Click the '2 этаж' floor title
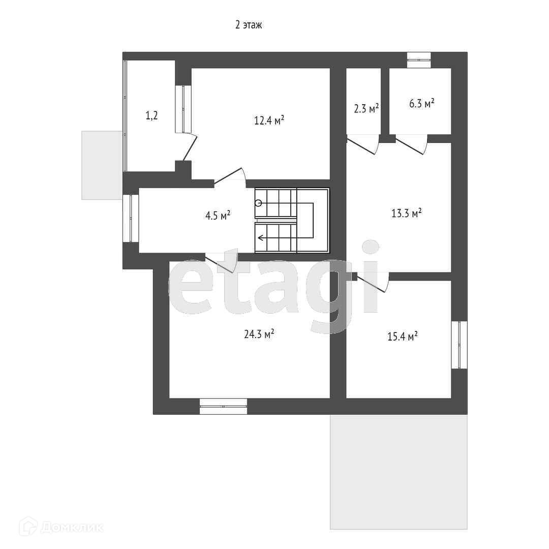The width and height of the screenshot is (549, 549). [x=248, y=25]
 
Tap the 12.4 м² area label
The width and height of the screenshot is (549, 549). [x=269, y=120]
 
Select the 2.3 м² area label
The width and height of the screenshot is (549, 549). [x=366, y=109]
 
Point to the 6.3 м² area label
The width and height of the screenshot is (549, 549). [x=421, y=104]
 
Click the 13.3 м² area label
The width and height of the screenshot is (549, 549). [x=406, y=213]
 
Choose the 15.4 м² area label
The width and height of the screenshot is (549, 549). [x=402, y=336]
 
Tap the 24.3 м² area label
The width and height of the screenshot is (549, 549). [x=259, y=334]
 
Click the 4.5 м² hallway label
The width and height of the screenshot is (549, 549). [x=218, y=216]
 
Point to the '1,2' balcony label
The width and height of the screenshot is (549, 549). [x=151, y=115]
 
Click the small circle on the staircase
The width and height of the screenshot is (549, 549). [x=258, y=203]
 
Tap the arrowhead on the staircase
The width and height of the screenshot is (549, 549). [x=260, y=238]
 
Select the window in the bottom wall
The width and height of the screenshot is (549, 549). [x=223, y=407]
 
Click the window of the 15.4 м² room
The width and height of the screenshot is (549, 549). [x=459, y=345]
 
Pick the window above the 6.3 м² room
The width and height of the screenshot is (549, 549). [x=419, y=60]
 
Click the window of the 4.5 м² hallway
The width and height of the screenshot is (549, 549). [x=131, y=218]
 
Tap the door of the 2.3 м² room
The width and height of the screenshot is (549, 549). [x=363, y=144]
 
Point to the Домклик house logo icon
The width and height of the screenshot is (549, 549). [x=28, y=527]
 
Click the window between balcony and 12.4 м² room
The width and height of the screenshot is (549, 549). [x=183, y=109]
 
